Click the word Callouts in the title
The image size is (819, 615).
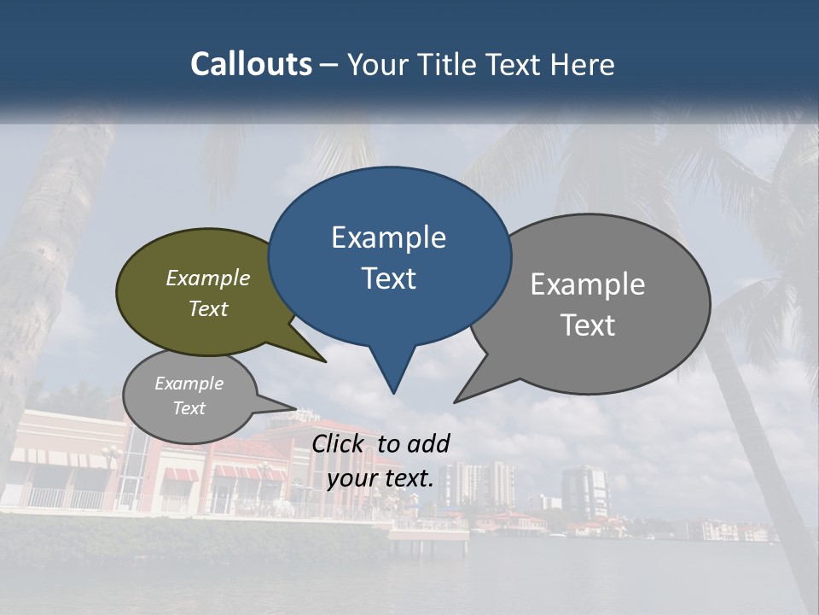point(251,64)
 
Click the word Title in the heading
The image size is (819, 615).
point(447,64)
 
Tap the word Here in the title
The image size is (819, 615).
point(582,64)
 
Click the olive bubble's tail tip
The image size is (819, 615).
point(325,361)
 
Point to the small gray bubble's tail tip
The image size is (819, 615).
point(295,407)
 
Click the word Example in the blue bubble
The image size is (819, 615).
point(388,237)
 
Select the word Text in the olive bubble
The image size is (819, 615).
point(208,308)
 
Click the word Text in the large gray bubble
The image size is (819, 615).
point(588,325)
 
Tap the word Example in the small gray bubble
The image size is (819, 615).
point(189,384)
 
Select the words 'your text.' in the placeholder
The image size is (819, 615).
point(380,478)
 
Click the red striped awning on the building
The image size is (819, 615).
point(179,474)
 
